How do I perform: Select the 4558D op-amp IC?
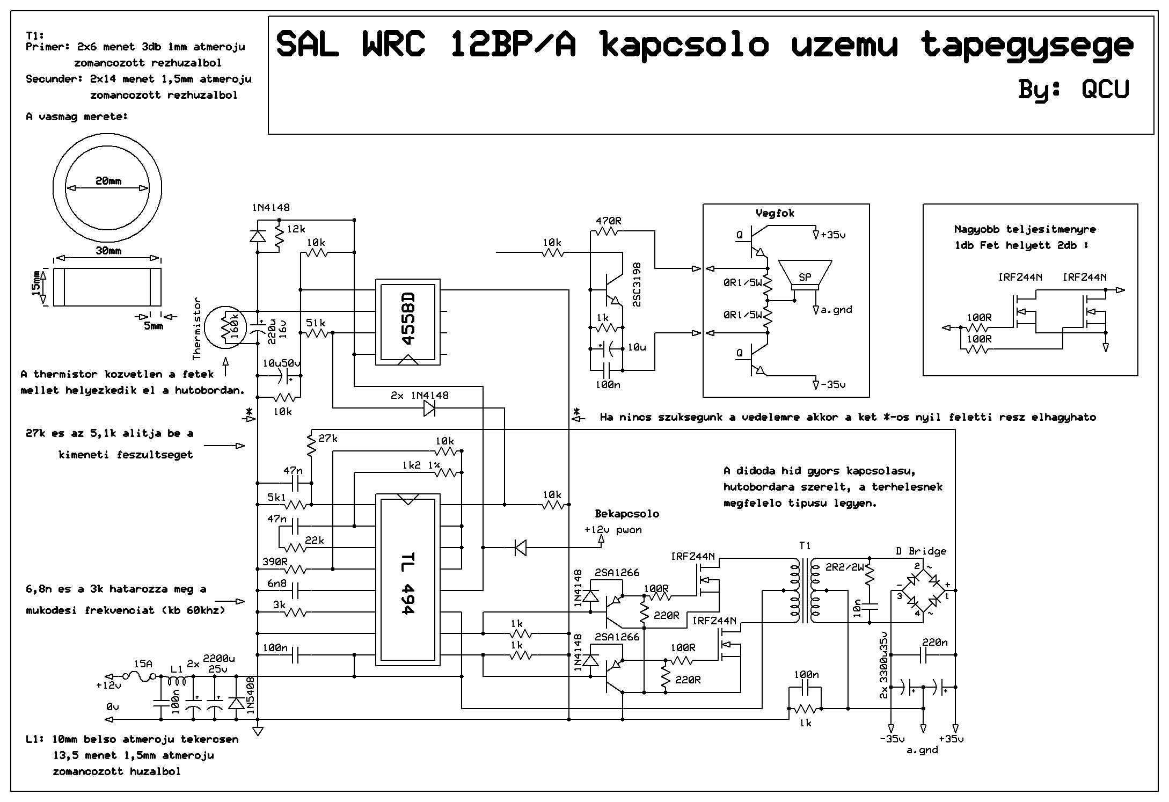point(408,322)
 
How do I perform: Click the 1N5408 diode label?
point(250,697)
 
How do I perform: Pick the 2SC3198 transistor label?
point(637,285)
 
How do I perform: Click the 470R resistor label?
point(608,221)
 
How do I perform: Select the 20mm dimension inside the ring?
point(108,181)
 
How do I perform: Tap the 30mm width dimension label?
point(108,251)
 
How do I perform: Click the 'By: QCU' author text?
point(1073,89)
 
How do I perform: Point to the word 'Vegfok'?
point(775,213)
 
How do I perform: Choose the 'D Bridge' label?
point(921,551)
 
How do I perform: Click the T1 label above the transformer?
point(805,546)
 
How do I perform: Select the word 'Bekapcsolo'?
point(627,514)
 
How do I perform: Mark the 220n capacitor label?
point(935,642)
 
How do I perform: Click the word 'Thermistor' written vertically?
point(196,329)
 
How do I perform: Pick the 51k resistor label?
point(316,323)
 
